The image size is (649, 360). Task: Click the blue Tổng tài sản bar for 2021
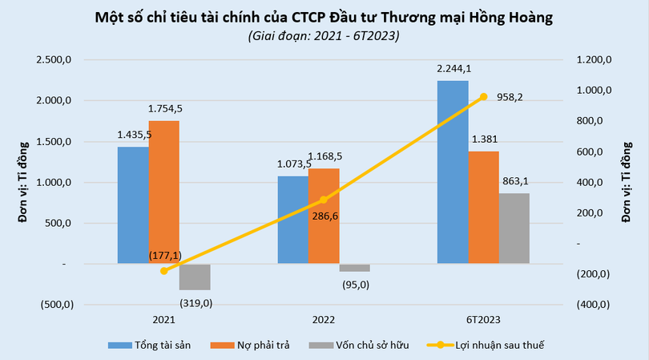(x=132, y=205)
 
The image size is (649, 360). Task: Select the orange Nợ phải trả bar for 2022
(x=324, y=216)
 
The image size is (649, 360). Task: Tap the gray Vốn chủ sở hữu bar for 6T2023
(x=514, y=229)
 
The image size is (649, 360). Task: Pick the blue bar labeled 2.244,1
(x=453, y=172)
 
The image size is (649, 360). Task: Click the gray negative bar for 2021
(x=194, y=277)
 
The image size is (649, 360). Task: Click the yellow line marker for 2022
(x=324, y=200)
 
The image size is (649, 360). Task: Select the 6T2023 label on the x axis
(x=483, y=319)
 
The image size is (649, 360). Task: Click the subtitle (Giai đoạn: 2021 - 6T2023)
(x=324, y=36)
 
